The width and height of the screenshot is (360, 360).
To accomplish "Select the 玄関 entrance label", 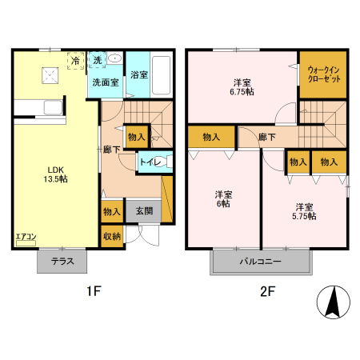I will click(x=144, y=211).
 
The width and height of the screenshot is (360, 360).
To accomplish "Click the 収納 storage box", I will click(x=111, y=236).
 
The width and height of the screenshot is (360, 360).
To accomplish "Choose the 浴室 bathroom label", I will click(x=138, y=74).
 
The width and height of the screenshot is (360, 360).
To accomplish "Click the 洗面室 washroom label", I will click(x=105, y=82).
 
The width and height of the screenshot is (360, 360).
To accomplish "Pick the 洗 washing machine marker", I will click(x=98, y=60).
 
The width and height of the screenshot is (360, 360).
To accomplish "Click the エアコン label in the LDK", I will click(x=26, y=237).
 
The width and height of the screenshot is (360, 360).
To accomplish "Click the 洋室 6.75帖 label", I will click(x=243, y=87).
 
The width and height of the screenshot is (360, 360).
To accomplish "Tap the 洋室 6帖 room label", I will click(x=223, y=199).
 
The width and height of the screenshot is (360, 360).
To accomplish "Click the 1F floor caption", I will click(x=94, y=292).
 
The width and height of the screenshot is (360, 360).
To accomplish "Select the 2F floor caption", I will click(x=266, y=292).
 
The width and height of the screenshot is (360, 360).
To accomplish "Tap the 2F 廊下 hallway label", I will click(x=266, y=137).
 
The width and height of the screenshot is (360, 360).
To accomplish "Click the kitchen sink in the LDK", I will click(x=53, y=109).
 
